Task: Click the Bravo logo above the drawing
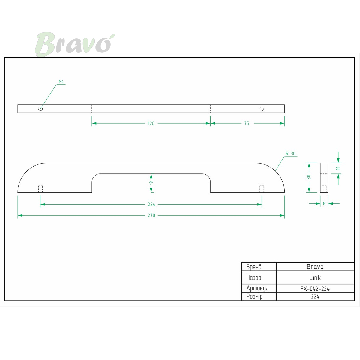[x=75, y=44]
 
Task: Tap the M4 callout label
[x=61, y=82]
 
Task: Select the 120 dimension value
[x=151, y=123]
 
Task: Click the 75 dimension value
[x=247, y=123]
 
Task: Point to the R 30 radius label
[x=290, y=154]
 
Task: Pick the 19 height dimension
[x=151, y=183]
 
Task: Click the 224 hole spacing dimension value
[x=151, y=205]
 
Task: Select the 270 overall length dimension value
[x=151, y=215]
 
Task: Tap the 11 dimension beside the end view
[x=338, y=168]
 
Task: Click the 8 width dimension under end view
[x=324, y=204]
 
